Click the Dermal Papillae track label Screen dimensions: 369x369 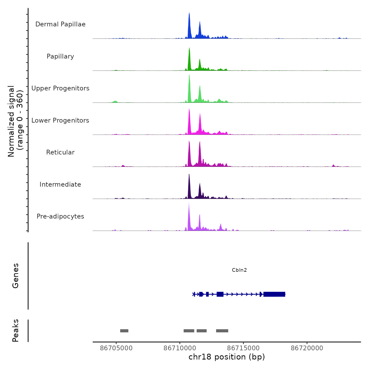[x=60, y=24]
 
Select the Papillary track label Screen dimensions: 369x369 [x=60, y=56]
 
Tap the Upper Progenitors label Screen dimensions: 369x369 [x=60, y=88]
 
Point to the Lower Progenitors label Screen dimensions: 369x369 [x=60, y=120]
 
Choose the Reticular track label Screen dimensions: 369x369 [x=60, y=152]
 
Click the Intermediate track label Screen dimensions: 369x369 [x=60, y=184]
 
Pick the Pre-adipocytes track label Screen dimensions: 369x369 [x=60, y=216]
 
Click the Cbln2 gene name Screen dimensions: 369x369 [x=239, y=270]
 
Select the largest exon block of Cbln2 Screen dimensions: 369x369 [x=274, y=294]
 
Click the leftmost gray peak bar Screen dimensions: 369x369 [x=124, y=331]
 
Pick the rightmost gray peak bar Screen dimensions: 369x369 [x=222, y=331]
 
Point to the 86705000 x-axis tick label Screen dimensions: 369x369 [x=116, y=348]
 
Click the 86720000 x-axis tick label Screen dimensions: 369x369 [x=307, y=348]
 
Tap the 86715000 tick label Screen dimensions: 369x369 [x=243, y=348]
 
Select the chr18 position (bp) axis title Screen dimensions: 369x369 [x=227, y=357]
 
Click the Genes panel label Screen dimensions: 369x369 [x=16, y=276]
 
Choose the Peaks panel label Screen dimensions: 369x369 [x=16, y=331]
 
